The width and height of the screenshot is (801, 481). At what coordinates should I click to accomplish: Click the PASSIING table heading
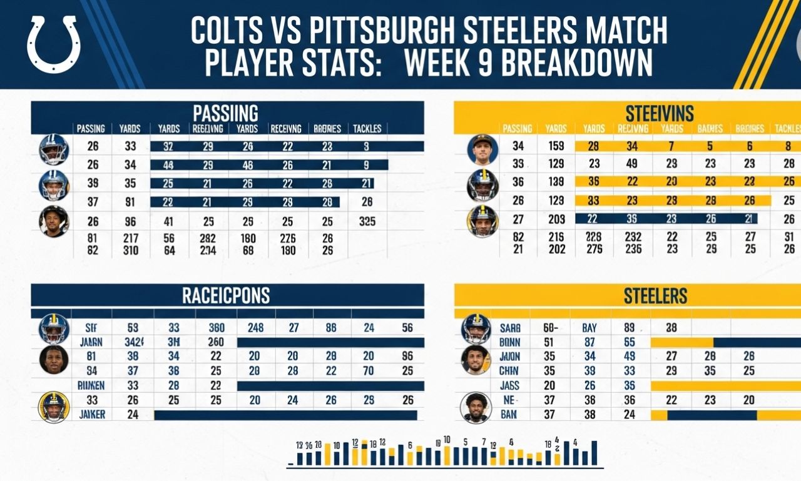click(x=225, y=113)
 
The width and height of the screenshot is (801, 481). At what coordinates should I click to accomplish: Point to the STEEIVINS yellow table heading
click(x=660, y=113)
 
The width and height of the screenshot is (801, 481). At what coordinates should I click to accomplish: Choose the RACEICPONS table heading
click(x=226, y=295)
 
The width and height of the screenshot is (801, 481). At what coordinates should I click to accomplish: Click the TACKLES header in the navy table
click(x=367, y=129)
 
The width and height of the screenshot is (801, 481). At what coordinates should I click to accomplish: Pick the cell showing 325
click(x=367, y=221)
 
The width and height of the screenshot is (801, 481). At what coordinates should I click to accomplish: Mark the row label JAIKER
click(x=93, y=414)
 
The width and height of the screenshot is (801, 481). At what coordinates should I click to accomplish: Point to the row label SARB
click(x=511, y=327)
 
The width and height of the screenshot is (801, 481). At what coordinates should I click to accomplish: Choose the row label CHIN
click(x=510, y=371)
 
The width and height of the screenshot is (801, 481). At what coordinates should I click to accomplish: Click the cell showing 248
click(x=255, y=327)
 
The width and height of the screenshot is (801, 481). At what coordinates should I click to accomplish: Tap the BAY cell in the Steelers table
click(x=589, y=327)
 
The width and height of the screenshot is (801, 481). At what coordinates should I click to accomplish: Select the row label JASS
click(x=510, y=386)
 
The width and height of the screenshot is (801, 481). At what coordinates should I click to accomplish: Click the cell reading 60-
click(x=551, y=327)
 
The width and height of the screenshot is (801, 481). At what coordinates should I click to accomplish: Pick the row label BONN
click(x=511, y=342)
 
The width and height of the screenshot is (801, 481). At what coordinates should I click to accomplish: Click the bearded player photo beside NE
click(x=476, y=407)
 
